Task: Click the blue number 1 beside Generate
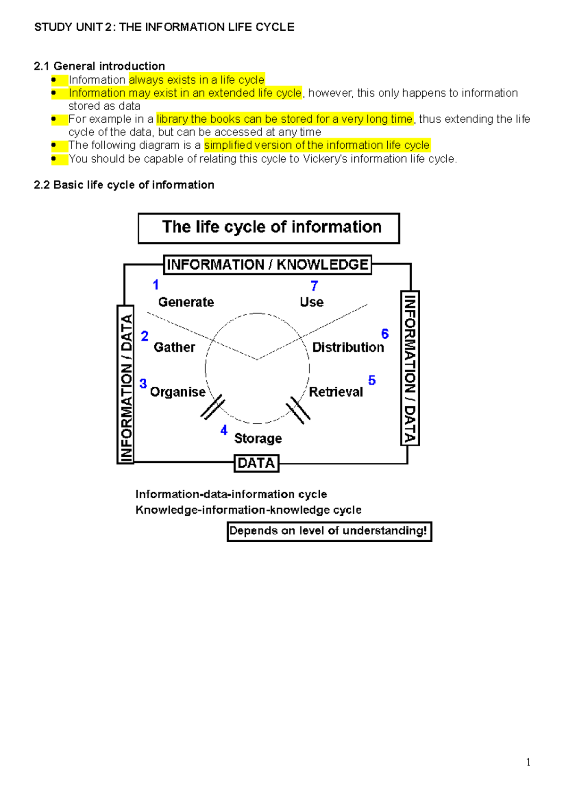pyautogui.click(x=156, y=285)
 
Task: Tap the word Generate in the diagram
pyautogui.click(x=186, y=302)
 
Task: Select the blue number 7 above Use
pyautogui.click(x=314, y=286)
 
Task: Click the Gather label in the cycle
pyautogui.click(x=174, y=347)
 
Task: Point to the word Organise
pyautogui.click(x=177, y=392)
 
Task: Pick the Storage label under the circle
pyautogui.click(x=258, y=438)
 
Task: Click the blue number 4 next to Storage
pyautogui.click(x=224, y=430)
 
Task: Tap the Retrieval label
pyautogui.click(x=336, y=392)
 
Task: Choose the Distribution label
pyautogui.click(x=348, y=347)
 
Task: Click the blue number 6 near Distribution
pyautogui.click(x=385, y=334)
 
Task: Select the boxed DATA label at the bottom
pyautogui.click(x=257, y=463)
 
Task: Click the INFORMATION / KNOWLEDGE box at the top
pyautogui.click(x=267, y=264)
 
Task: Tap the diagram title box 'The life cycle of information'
pyautogui.click(x=269, y=228)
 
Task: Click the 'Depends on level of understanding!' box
pyautogui.click(x=329, y=531)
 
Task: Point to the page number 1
pyautogui.click(x=528, y=762)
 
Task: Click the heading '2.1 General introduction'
pyautogui.click(x=100, y=66)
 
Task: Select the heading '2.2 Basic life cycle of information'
pyautogui.click(x=124, y=185)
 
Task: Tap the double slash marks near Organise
pyautogui.click(x=213, y=407)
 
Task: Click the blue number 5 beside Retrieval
pyautogui.click(x=372, y=380)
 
